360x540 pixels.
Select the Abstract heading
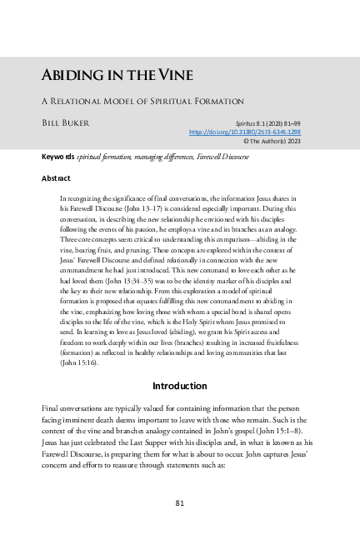(x=56, y=178)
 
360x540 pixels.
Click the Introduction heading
(x=180, y=386)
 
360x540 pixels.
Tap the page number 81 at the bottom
(x=180, y=502)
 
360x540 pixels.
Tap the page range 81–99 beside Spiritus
(x=312, y=122)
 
